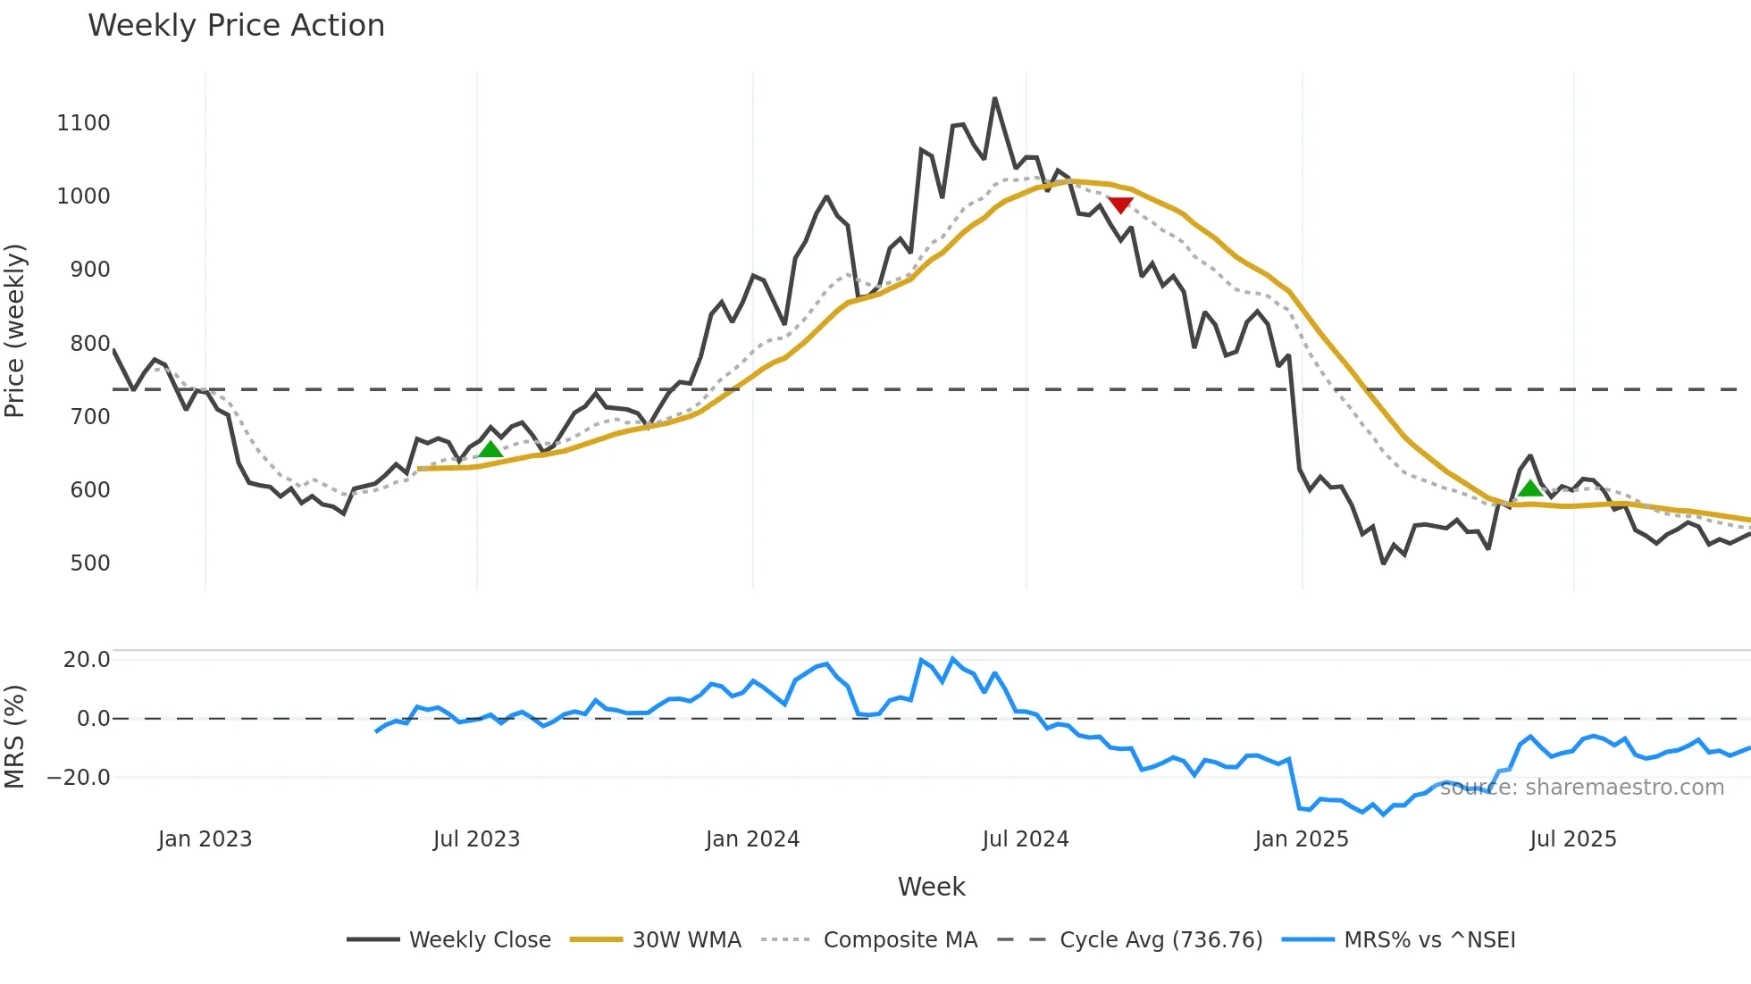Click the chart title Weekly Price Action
(x=236, y=26)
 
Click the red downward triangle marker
(x=1120, y=204)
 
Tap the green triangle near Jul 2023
(x=490, y=449)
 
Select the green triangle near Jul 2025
(x=1530, y=488)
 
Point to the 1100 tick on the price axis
(x=83, y=123)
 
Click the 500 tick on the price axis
(x=90, y=563)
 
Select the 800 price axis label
(x=90, y=344)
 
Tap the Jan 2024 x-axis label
(x=752, y=839)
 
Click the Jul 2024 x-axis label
(x=1025, y=839)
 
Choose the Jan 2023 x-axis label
(x=205, y=839)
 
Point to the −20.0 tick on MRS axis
(x=79, y=778)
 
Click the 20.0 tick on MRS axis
(x=87, y=660)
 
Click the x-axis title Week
(x=931, y=887)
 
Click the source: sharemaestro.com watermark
(x=1581, y=788)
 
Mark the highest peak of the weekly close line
(x=994, y=98)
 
